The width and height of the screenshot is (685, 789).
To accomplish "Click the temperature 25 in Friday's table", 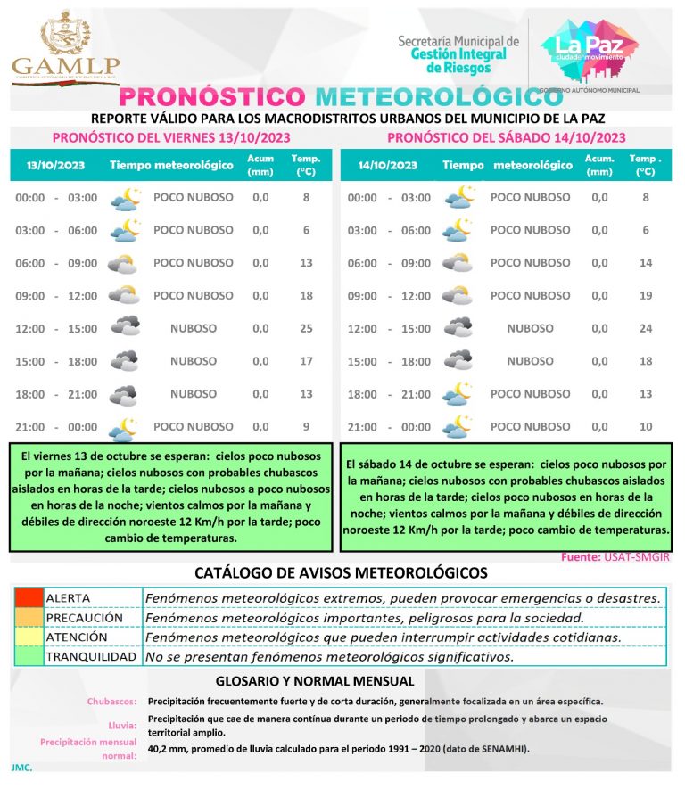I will point(306,328).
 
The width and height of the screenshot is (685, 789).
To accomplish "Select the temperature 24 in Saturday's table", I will point(646,328).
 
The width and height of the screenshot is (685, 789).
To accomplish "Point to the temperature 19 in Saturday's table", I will point(646,295).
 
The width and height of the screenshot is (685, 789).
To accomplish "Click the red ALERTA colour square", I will point(28,597).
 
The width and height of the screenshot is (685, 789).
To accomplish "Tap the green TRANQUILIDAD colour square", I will point(28,657).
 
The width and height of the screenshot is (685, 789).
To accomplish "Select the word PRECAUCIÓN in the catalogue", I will point(84,617).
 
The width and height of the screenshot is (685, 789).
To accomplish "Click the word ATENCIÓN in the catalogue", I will point(77,637).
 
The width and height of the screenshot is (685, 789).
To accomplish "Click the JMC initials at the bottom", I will point(22,767).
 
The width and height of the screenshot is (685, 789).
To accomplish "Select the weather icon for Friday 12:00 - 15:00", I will point(125,327).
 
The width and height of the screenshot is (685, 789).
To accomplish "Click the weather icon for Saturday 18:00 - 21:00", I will point(458,393).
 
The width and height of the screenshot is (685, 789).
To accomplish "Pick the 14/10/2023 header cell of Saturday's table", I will point(388,165).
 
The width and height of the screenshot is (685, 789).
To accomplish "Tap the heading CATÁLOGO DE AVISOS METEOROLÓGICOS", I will point(342,572).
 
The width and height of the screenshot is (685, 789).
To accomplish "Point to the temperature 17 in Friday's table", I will point(306,361).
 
